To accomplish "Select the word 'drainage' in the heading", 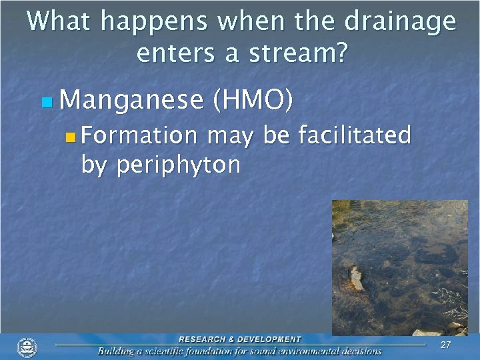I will click(400, 23).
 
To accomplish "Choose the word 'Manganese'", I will click(131, 100).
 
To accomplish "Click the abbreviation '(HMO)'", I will click(252, 100).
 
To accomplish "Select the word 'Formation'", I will click(140, 136).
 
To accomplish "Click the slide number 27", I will click(446, 345).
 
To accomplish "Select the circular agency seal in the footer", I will click(27, 347).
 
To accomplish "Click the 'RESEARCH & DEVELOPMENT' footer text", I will click(240, 339).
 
